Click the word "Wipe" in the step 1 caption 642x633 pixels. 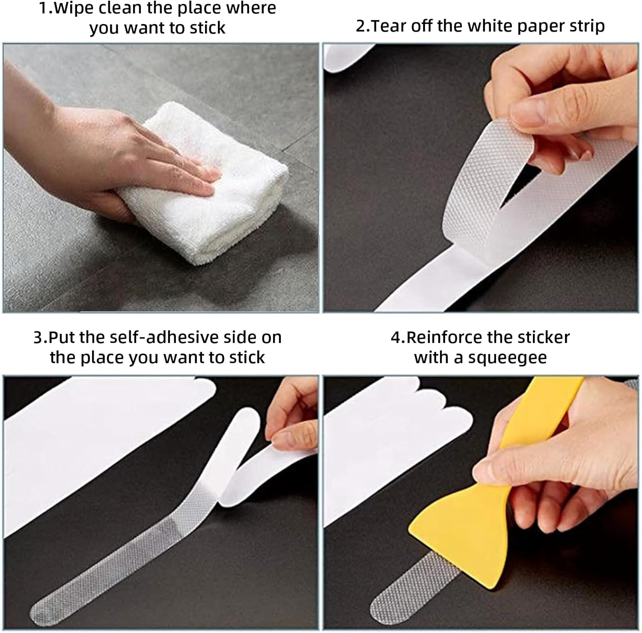73,9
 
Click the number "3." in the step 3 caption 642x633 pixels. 40,337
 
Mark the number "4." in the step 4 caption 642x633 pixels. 398,337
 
